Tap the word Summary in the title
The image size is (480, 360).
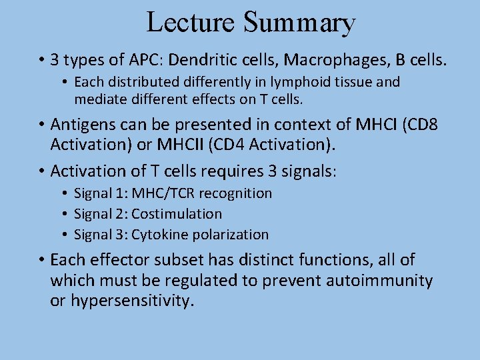pos(299,23)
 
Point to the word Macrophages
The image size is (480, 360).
pos(335,60)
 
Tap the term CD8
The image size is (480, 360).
pos(421,125)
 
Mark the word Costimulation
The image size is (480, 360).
pos(177,214)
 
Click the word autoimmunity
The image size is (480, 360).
pos(379,281)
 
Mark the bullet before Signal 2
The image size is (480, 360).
pos(67,214)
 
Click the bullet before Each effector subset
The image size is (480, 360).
pos(41,260)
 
